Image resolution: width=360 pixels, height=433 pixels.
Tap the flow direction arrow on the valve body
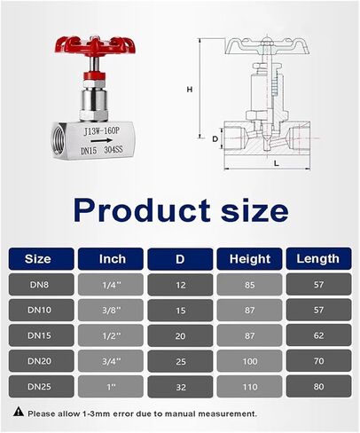point(101,140)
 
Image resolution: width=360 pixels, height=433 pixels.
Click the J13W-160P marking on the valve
point(102,130)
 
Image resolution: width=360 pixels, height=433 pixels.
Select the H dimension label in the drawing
point(190,89)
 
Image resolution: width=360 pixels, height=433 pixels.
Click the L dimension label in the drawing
point(277,163)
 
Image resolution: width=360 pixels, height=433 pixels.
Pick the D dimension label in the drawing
point(215,138)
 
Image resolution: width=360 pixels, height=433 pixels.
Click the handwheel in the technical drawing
point(267,46)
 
